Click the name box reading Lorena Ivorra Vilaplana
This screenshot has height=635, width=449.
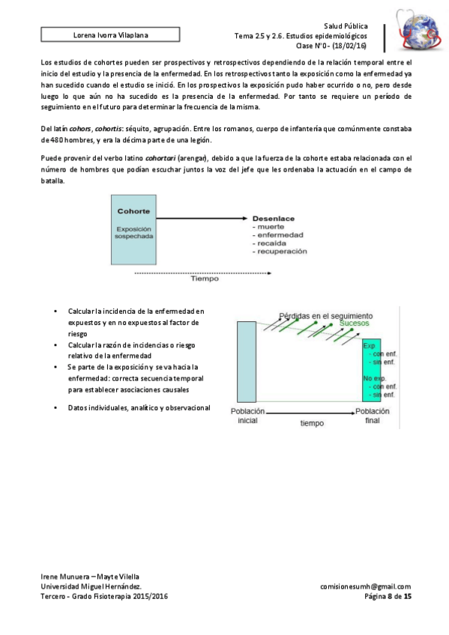tap(110, 35)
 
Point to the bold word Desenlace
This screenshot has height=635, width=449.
tap(273, 219)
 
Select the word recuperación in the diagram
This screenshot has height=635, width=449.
tap(280, 252)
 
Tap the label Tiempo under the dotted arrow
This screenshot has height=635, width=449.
tap(205, 279)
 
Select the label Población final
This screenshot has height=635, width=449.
tap(373, 416)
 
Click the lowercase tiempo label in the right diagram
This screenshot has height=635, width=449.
tap(312, 423)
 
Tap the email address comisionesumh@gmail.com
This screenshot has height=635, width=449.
tap(366, 586)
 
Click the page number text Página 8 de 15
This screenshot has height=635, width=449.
tap(388, 596)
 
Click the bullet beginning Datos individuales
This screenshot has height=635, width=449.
tap(139, 408)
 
